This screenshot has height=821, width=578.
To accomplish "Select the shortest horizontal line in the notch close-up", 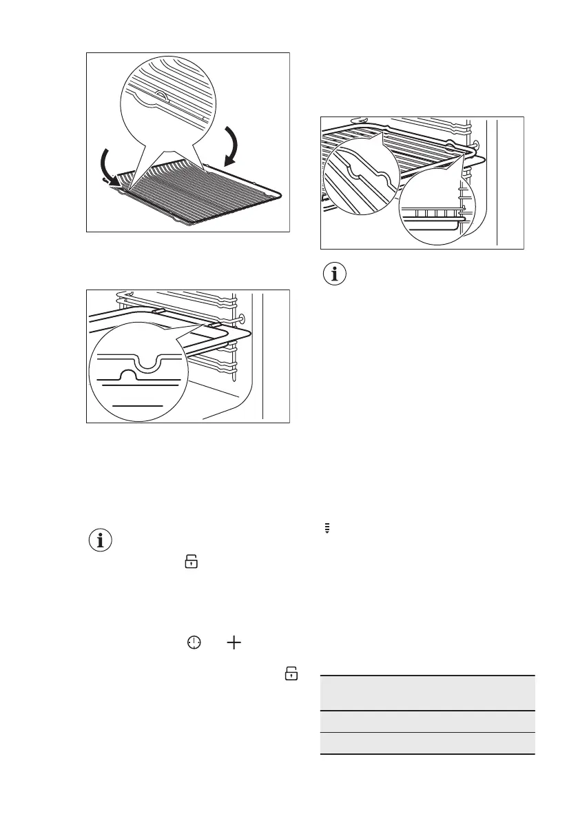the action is (x=138, y=405).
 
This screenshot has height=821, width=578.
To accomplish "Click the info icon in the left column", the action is (x=101, y=541).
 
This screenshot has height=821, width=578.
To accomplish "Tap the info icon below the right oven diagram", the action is (x=336, y=274).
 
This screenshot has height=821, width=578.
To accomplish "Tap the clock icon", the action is (x=195, y=642).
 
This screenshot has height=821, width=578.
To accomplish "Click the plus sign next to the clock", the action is (x=234, y=642).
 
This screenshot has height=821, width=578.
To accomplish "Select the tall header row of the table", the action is (x=427, y=693).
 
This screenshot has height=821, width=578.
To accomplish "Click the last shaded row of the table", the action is (x=427, y=743).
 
